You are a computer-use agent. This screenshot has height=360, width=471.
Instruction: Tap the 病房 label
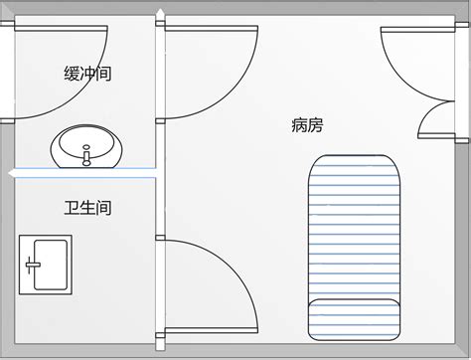pyautogui.click(x=307, y=126)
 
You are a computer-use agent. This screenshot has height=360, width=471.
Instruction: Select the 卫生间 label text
pyautogui.click(x=86, y=208)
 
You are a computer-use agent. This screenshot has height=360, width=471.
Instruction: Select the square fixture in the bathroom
pyautogui.click(x=45, y=264)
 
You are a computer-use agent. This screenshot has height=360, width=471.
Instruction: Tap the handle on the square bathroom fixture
pyautogui.click(x=33, y=265)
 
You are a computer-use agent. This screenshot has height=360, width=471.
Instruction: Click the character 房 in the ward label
pyautogui.click(x=315, y=126)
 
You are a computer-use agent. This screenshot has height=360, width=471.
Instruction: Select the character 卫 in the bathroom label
pyautogui.click(x=72, y=208)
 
